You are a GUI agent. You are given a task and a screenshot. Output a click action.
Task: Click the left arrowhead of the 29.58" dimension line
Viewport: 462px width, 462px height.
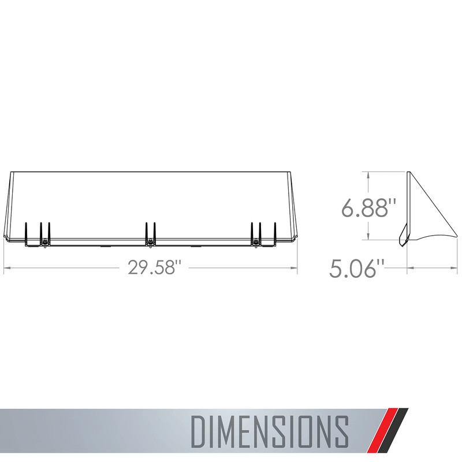coord(7,269)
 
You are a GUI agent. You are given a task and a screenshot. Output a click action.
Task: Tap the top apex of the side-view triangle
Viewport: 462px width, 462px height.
coord(409,173)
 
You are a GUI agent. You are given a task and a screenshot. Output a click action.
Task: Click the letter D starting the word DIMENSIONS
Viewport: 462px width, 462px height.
coord(200,429)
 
